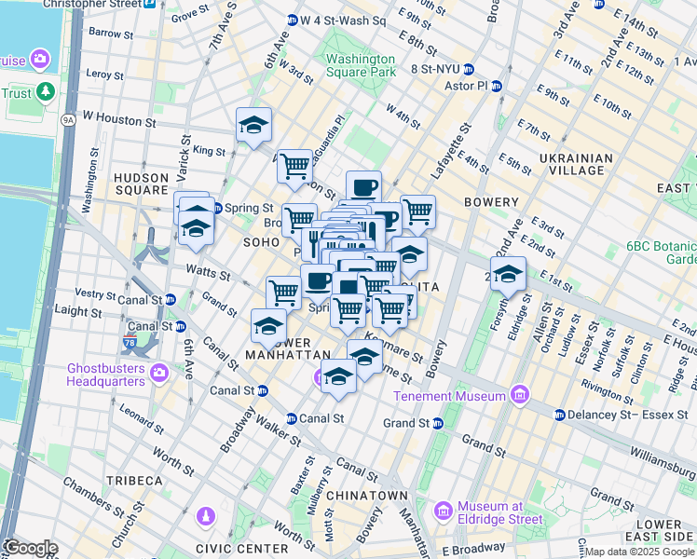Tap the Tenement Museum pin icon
[519, 395]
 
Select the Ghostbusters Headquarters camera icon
[158, 374]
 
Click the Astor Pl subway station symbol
[497, 86]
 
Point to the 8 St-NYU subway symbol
[469, 68]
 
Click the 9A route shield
[68, 120]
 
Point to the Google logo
[30, 548]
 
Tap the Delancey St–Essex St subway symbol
[560, 414]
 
